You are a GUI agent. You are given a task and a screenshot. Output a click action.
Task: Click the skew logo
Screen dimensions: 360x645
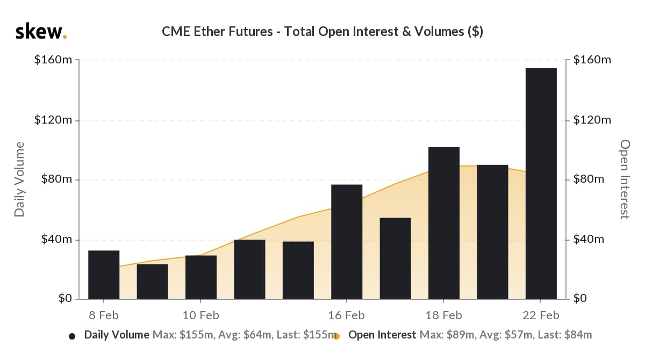pos(41,32)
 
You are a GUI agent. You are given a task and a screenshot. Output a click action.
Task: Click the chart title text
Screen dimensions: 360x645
pos(322,32)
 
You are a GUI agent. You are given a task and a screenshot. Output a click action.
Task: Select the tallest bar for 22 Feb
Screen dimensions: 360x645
pos(541,183)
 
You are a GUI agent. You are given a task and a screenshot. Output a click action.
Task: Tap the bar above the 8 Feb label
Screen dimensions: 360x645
pos(104,275)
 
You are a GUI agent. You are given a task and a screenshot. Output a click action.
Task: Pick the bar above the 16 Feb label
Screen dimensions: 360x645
pos(347,242)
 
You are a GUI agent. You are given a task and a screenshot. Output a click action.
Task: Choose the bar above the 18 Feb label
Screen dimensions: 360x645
pos(444,223)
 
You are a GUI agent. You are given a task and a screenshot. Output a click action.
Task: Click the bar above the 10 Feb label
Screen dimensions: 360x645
pos(201,277)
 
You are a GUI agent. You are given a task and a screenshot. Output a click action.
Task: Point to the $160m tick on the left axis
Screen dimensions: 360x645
pos(53,60)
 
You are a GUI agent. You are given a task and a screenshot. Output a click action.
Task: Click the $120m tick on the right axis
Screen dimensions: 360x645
pos(592,120)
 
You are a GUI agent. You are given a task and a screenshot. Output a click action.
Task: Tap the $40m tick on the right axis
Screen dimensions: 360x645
pos(589,239)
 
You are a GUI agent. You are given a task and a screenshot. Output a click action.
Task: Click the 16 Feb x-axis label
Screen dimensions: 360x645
pos(347,315)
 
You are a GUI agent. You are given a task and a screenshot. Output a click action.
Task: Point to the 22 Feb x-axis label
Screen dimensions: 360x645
pos(541,315)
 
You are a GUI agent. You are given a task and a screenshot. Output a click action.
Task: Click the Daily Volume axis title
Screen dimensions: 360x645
pos(20,179)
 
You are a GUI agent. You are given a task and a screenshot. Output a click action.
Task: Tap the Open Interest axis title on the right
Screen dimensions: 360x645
pos(625,179)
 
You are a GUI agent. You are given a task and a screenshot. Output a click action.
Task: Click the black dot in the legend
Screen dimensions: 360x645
pos(72,336)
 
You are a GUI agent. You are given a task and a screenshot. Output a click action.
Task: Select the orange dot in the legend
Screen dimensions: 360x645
pos(337,336)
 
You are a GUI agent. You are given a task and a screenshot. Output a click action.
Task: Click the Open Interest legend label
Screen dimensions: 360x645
pos(382,335)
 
